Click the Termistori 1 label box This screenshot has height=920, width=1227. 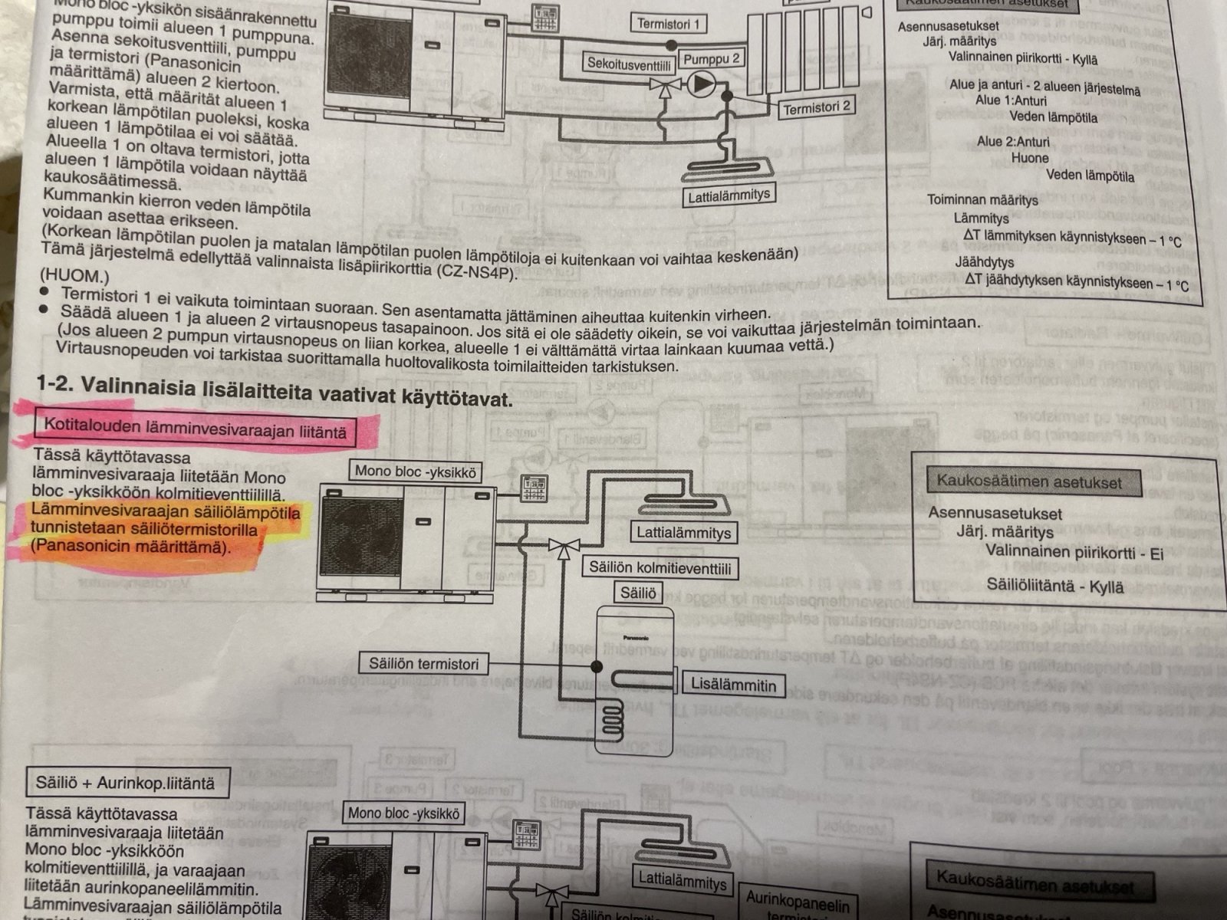[669, 24]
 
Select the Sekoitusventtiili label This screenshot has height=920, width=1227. [630, 64]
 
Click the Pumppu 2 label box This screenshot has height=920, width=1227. [712, 59]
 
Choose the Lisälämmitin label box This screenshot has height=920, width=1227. [733, 685]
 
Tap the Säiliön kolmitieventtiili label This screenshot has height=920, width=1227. [660, 568]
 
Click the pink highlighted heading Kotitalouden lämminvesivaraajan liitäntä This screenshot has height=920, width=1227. [195, 429]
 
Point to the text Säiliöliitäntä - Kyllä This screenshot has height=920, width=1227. [1054, 586]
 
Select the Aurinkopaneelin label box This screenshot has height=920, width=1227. [798, 905]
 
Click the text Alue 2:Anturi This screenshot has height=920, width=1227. [1013, 141]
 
